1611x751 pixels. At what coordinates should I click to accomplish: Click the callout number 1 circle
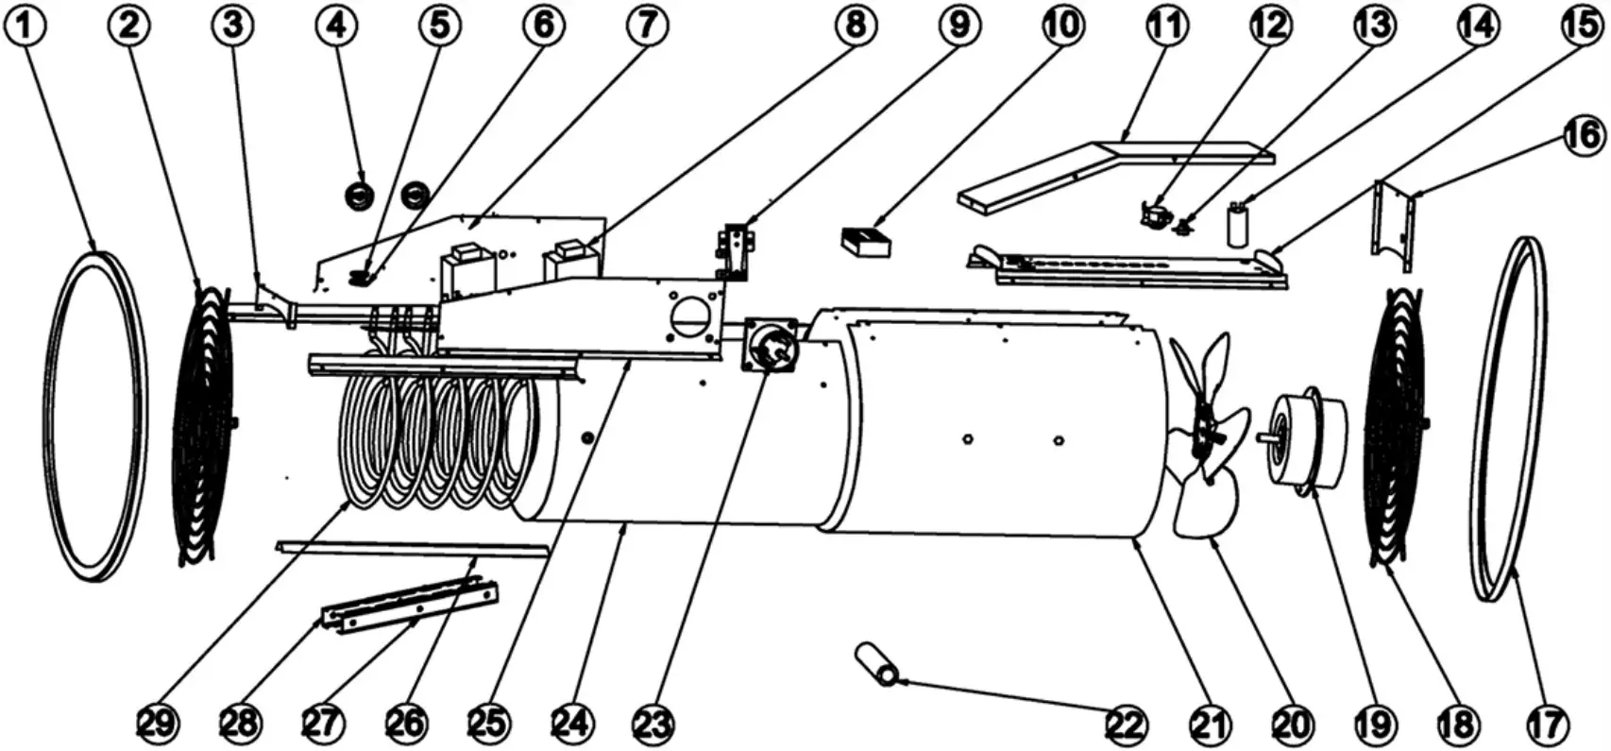tap(26, 26)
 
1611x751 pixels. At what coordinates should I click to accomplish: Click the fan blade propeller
tap(1202, 435)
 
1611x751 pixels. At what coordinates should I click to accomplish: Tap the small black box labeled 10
tap(866, 242)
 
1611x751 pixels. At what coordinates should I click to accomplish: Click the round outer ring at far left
tap(97, 416)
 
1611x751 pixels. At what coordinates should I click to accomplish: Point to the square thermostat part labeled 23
tap(771, 347)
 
